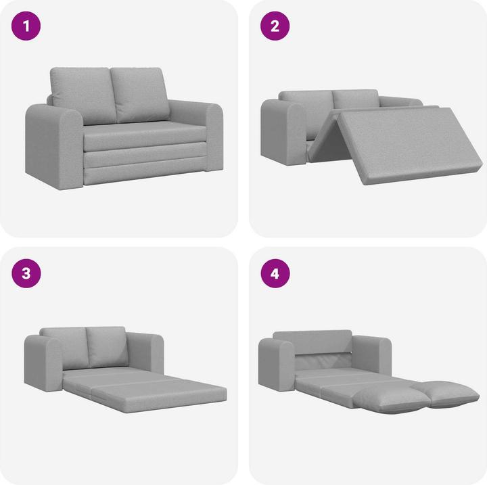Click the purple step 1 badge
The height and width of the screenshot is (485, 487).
(26, 26)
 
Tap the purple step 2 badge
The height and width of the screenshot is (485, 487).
(275, 26)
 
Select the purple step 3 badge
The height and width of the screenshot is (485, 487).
(26, 274)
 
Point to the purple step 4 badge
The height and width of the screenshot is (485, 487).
(275, 274)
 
